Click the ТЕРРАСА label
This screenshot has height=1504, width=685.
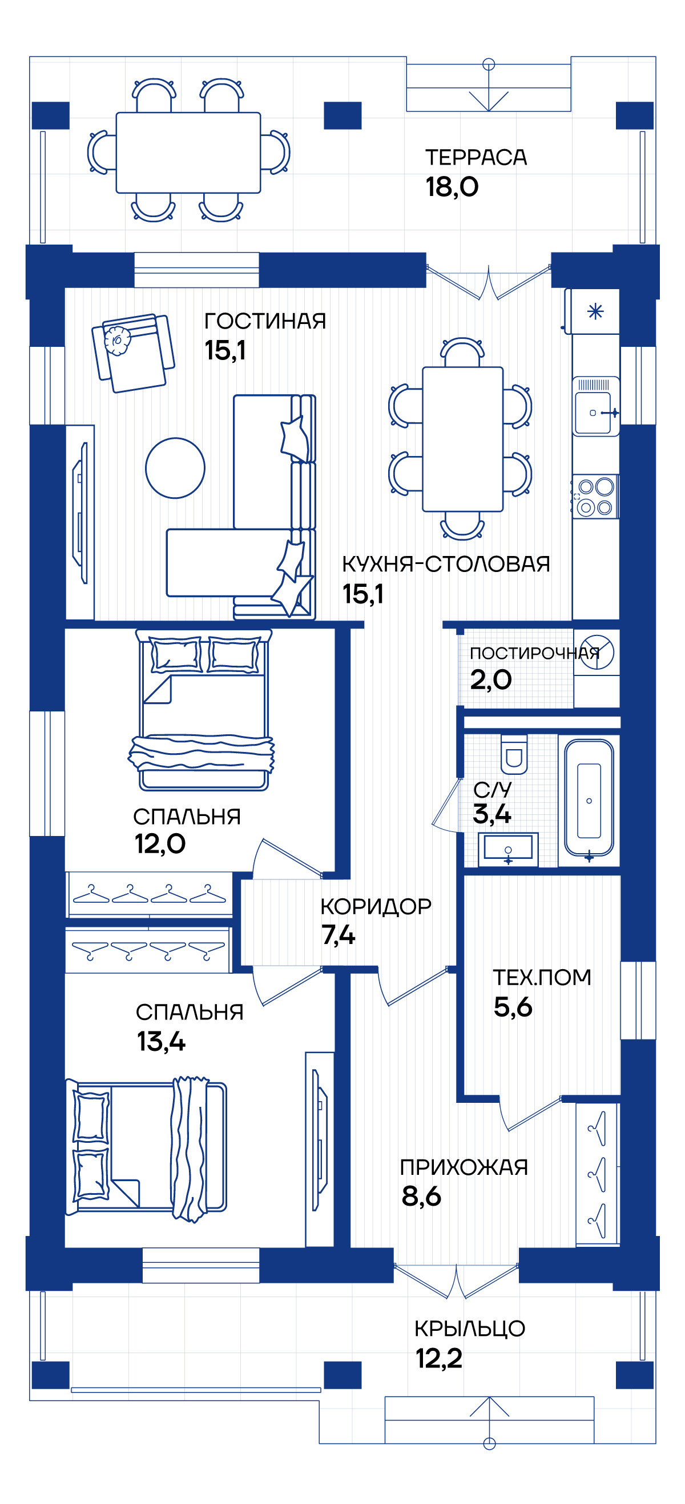click(476, 158)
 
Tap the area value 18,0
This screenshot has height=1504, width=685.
click(452, 187)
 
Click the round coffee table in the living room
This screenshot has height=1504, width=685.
click(175, 467)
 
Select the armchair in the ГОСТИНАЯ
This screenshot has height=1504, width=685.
click(134, 353)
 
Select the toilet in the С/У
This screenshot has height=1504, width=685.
click(513, 754)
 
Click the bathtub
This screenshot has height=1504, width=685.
click(589, 800)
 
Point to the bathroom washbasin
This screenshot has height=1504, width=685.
click(507, 848)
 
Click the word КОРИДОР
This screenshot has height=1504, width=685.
click(376, 906)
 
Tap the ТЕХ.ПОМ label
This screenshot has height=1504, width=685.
click(542, 977)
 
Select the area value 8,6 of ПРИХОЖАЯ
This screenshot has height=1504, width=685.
click(421, 1196)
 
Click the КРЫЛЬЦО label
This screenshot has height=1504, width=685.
click(470, 1328)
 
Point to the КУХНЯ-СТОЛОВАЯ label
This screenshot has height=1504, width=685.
click(446, 564)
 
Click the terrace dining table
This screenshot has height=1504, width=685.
click(188, 153)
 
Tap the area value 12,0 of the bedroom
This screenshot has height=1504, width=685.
click(160, 843)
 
